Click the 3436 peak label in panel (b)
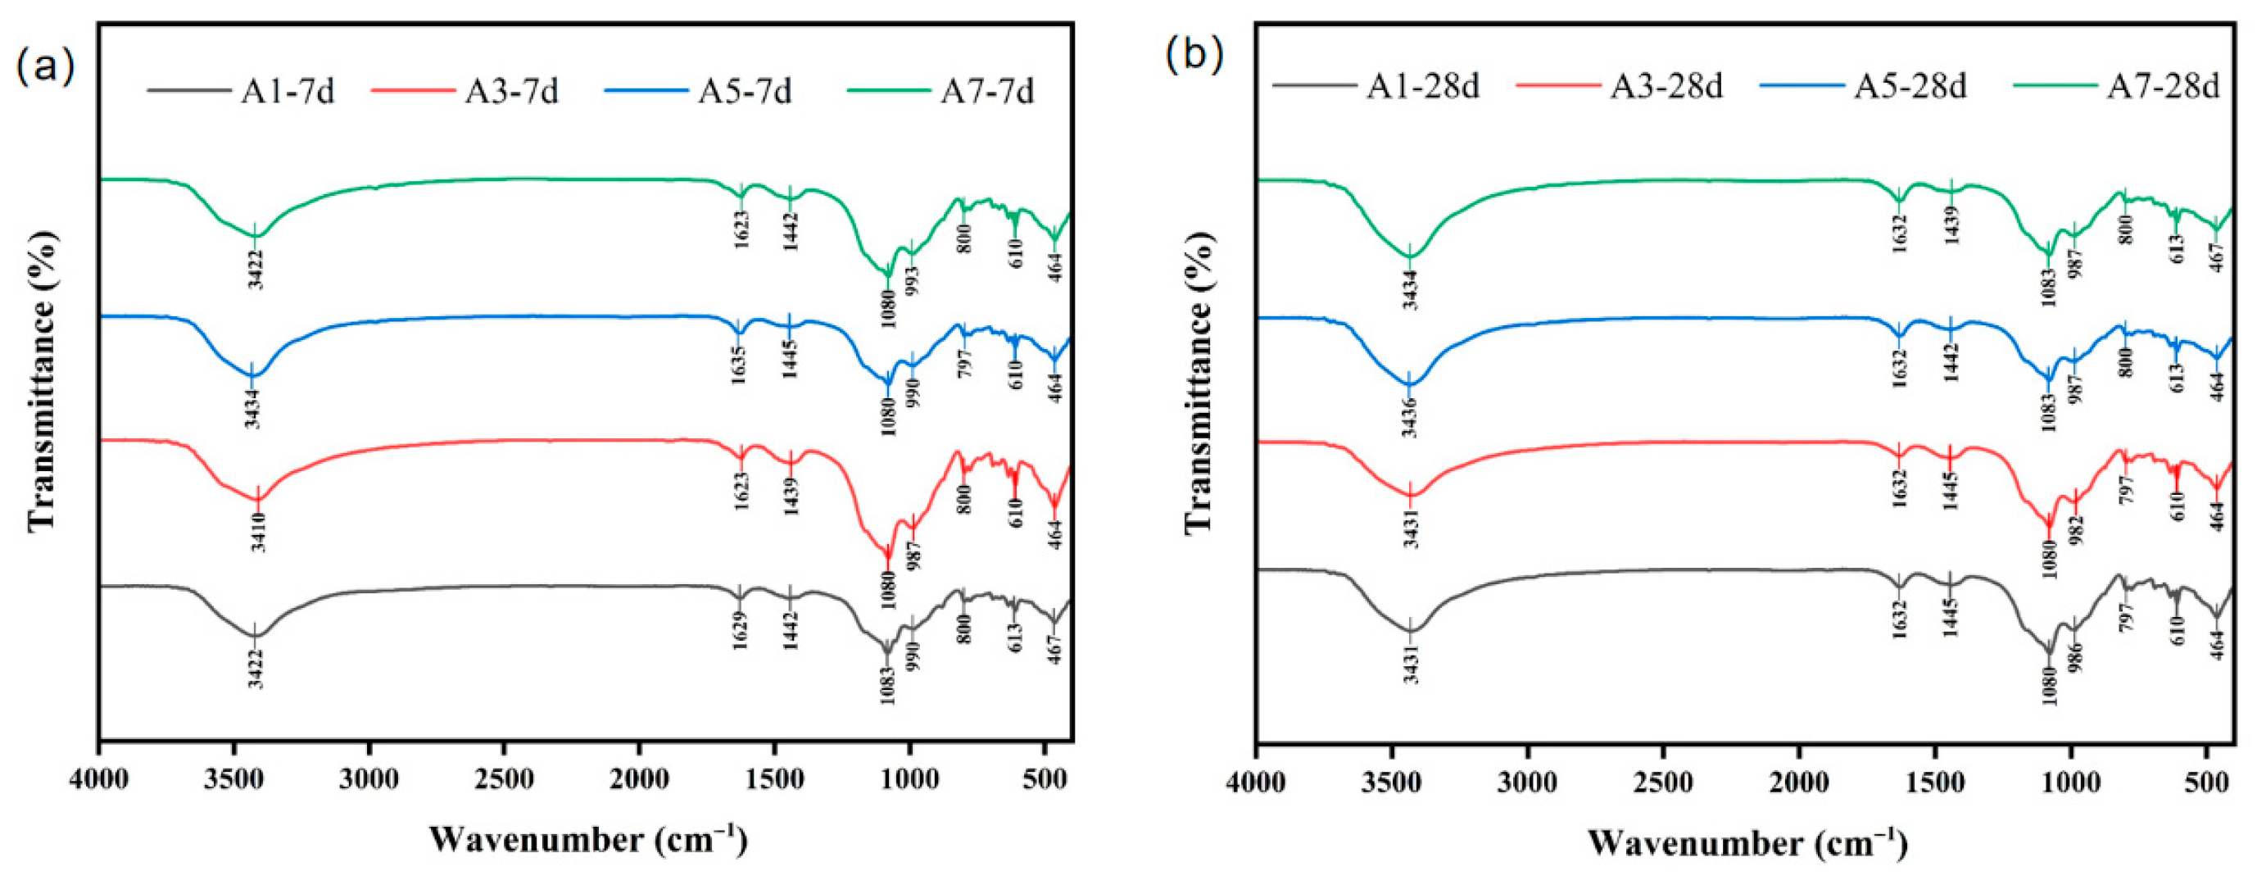1411,418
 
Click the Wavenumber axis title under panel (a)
589,839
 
